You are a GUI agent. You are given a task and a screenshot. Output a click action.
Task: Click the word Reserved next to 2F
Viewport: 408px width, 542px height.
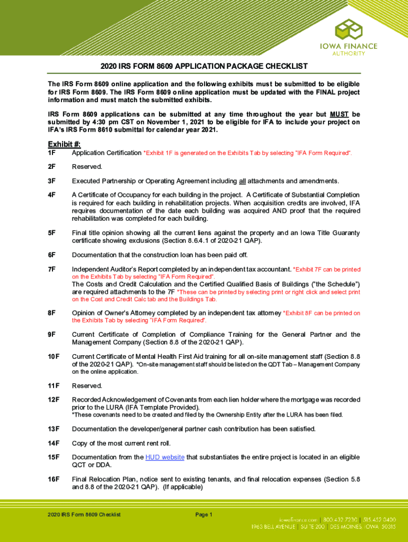coord(87,167)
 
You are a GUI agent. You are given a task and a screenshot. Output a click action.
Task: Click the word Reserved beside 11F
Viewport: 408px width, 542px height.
coord(87,385)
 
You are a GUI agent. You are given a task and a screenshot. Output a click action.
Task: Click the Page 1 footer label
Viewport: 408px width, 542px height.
coord(204,514)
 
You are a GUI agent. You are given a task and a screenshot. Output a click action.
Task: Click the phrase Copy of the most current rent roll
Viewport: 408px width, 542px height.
coord(129,443)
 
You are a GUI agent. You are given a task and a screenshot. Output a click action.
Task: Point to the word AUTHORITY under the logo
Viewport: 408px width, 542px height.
coord(356,53)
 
